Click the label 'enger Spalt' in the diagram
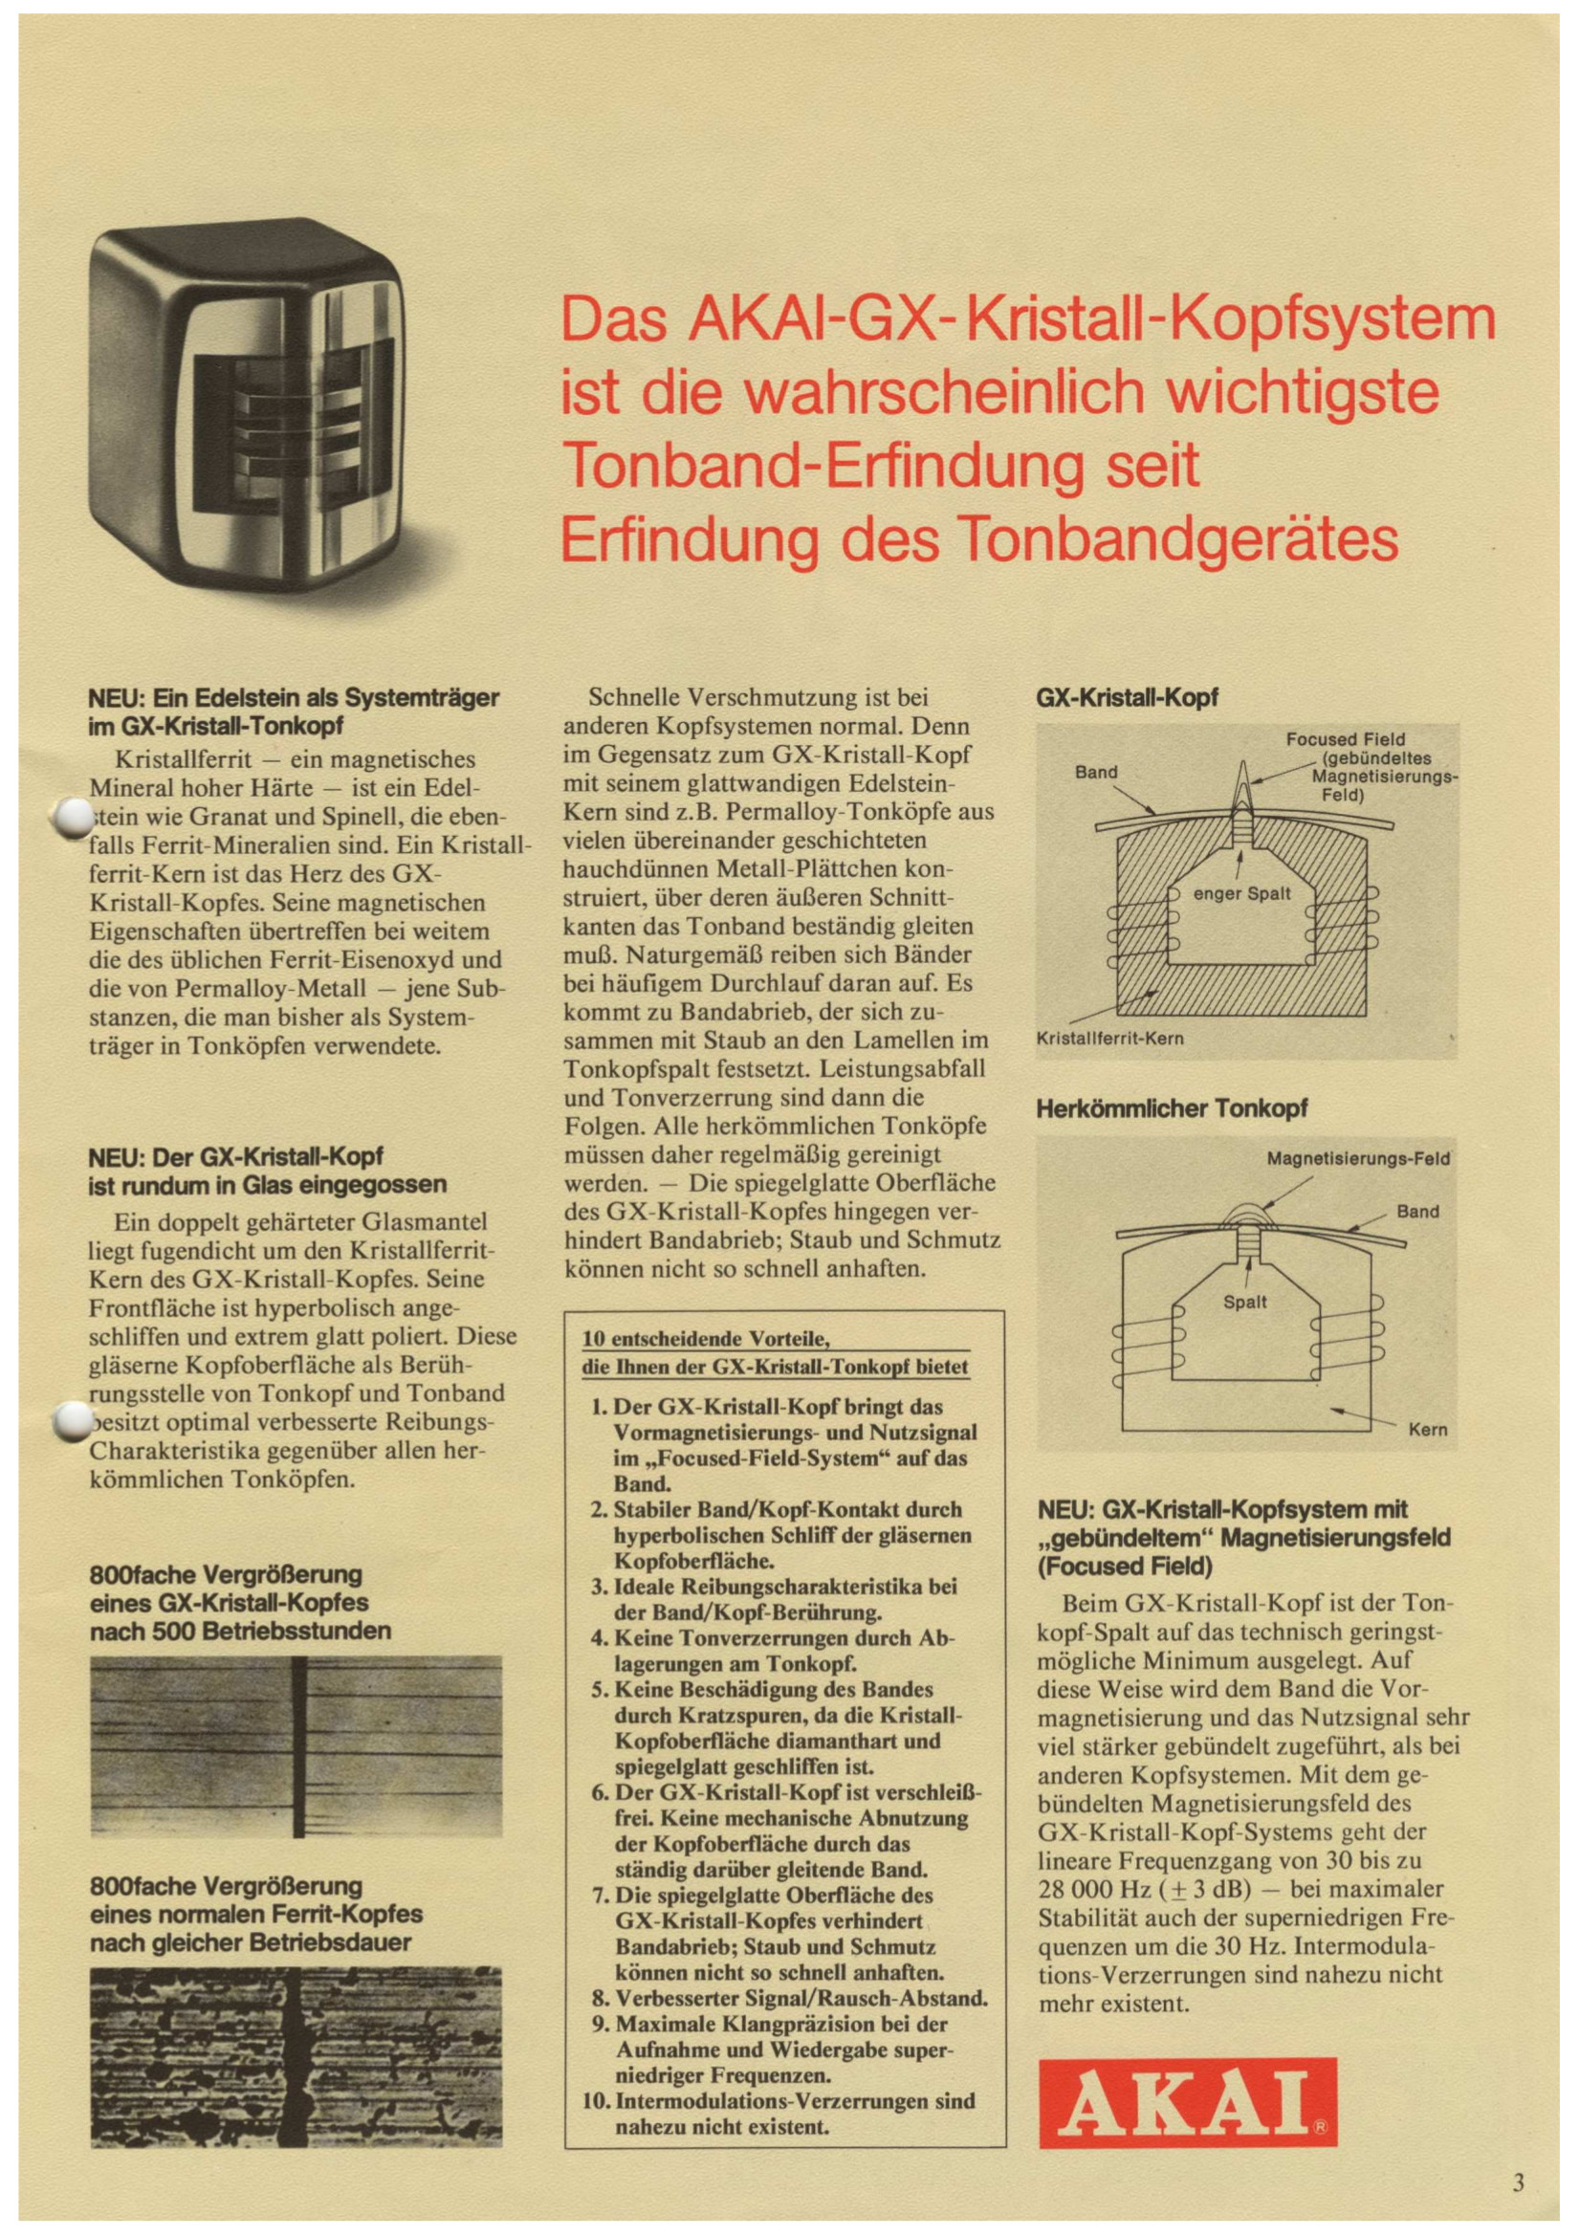click(x=1243, y=893)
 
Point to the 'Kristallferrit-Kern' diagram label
click(x=1109, y=1039)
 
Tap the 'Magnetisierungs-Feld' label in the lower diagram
click(x=1357, y=1159)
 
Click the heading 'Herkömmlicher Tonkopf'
click(x=1171, y=1108)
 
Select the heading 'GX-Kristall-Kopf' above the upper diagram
click(x=1126, y=697)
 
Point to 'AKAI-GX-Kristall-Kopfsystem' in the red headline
click(x=1091, y=318)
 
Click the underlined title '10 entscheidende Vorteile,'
click(x=704, y=1339)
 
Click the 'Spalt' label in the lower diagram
click(x=1244, y=1302)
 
